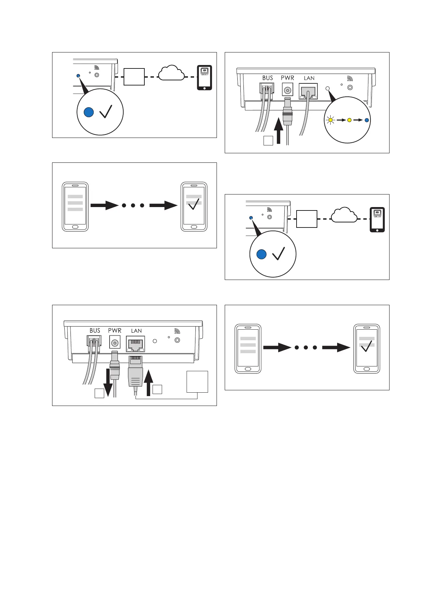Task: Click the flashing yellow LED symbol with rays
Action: [x=330, y=120]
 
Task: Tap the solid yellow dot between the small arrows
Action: [x=349, y=120]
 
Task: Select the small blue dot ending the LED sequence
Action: [x=366, y=120]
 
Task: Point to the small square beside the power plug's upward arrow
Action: [x=268, y=141]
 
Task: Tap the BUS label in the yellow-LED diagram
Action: [x=268, y=78]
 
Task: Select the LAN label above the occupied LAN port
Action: [x=309, y=78]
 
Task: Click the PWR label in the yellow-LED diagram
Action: [x=287, y=78]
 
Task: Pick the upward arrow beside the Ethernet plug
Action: [x=148, y=383]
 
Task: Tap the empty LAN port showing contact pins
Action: [x=136, y=344]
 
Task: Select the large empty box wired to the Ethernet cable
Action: [x=197, y=382]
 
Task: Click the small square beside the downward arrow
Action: [x=99, y=393]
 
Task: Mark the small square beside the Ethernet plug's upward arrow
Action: [x=157, y=389]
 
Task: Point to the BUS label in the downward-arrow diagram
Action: [x=95, y=331]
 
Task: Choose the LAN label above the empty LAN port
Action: [x=137, y=331]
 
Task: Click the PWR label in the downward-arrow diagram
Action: [x=115, y=331]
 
